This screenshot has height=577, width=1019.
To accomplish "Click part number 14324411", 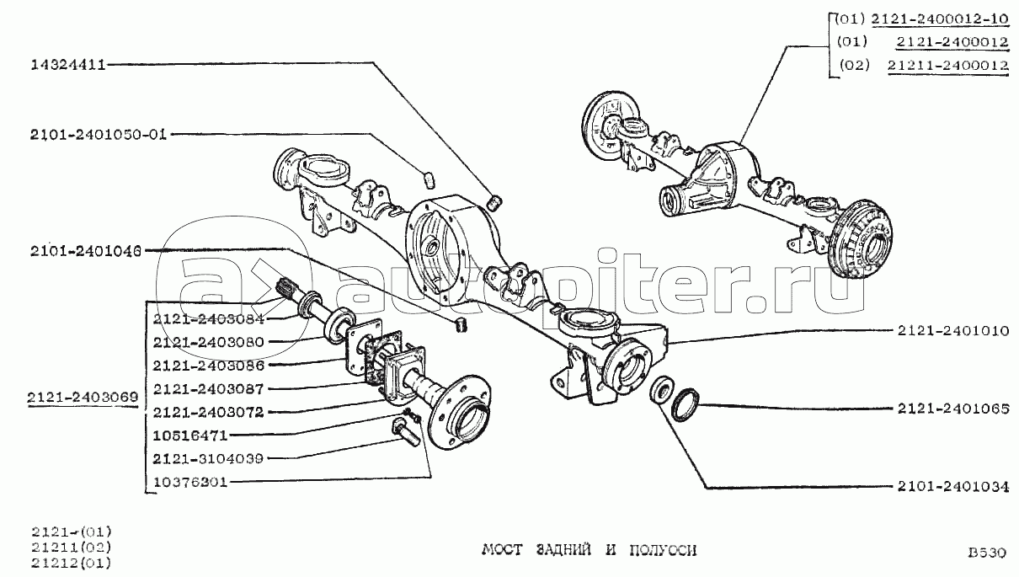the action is click(68, 65).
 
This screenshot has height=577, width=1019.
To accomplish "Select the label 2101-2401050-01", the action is click(99, 135).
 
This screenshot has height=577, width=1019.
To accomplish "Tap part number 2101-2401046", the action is click(86, 251).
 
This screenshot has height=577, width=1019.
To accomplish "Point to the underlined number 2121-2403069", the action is click(83, 398).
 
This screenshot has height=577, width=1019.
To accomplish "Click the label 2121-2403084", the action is click(208, 319).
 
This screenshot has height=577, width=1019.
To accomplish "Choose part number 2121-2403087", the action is click(208, 389).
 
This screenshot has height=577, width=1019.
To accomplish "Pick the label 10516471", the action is click(190, 435).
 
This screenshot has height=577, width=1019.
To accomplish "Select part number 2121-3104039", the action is click(208, 458).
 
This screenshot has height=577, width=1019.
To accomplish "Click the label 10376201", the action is click(190, 482).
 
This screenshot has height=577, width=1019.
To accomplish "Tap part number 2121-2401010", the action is click(953, 330).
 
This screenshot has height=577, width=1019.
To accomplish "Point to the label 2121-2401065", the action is click(953, 409).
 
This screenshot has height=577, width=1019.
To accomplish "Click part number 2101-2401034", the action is click(953, 486).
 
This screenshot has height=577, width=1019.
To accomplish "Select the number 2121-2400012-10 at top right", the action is click(940, 19).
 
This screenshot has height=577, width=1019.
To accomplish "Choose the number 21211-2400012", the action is click(948, 65).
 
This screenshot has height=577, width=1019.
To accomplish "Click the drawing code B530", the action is click(987, 553).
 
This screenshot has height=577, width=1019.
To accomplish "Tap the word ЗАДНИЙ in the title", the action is click(563, 550).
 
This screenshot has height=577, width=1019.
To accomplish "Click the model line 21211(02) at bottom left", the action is click(72, 547).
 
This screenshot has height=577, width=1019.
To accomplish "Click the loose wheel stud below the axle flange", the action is click(404, 434).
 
